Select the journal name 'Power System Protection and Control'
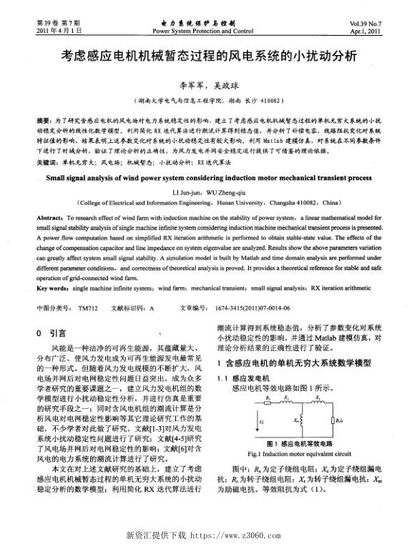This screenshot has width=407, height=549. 203,32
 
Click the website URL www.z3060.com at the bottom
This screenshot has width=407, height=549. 236,535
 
